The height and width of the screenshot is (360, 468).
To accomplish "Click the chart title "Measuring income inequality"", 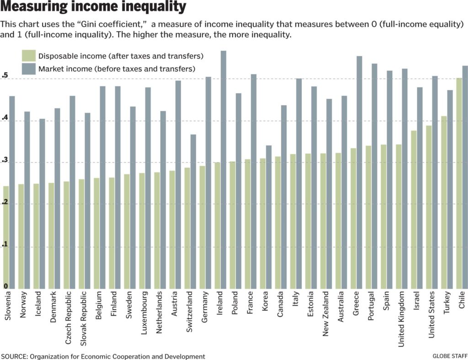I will [x=94, y=8].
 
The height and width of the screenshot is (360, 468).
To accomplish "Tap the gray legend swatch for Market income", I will [x=29, y=69].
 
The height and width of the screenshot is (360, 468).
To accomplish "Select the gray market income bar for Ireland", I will [x=224, y=170].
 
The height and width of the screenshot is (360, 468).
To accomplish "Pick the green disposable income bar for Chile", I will [x=459, y=183].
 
